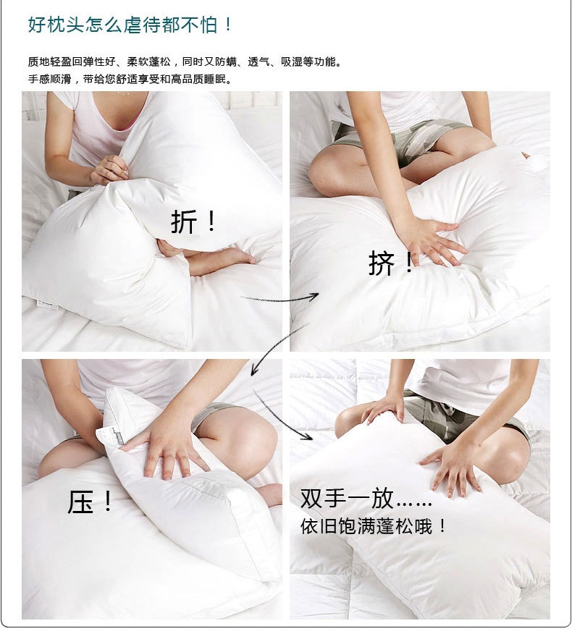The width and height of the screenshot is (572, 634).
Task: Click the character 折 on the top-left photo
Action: point(184,221)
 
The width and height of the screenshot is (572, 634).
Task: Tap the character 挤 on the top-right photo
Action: point(382,263)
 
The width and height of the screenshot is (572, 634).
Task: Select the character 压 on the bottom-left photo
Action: point(80,502)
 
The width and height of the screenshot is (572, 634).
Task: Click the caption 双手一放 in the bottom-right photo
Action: point(347,498)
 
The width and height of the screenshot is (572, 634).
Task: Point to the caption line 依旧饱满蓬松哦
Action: point(366,526)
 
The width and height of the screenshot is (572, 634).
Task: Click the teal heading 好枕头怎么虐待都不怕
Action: point(122,25)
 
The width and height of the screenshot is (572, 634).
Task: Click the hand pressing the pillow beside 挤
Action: point(430,242)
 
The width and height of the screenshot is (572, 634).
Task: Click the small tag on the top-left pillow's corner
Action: point(47,305)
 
